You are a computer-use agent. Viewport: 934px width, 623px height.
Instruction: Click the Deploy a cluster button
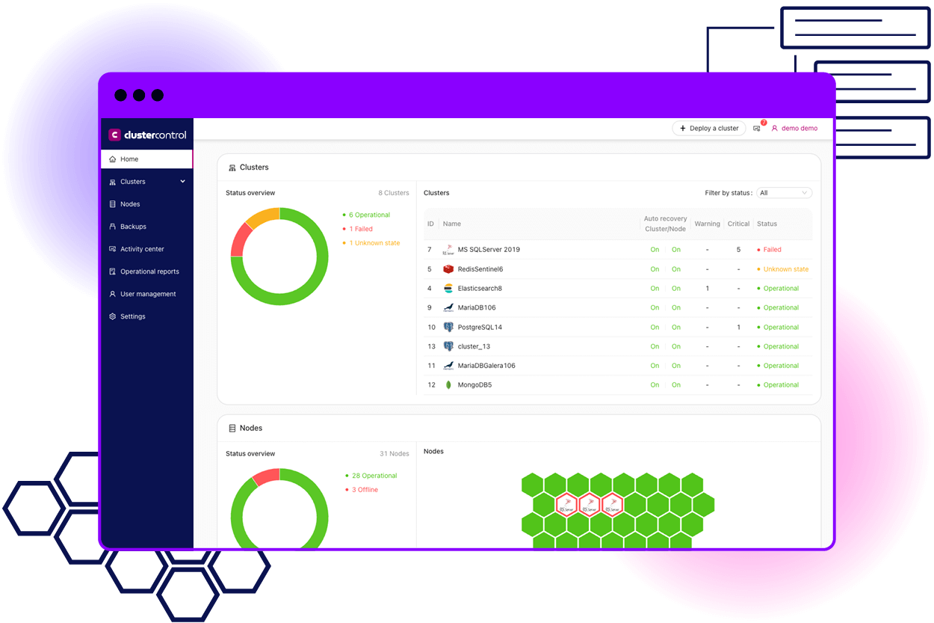(x=709, y=128)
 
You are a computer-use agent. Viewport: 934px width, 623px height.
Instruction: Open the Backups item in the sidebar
(x=133, y=227)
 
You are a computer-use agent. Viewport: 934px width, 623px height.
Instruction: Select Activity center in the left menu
(x=142, y=249)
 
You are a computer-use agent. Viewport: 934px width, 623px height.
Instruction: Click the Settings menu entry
(x=132, y=316)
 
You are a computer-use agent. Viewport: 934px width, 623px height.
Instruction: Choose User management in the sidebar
(x=148, y=294)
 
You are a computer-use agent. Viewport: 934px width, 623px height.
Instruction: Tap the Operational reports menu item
(x=149, y=271)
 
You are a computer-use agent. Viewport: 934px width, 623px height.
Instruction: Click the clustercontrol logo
(x=147, y=135)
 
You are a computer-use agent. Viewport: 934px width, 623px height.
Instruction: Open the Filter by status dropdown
(x=784, y=193)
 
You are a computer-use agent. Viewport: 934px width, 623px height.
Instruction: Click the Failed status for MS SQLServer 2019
(x=772, y=250)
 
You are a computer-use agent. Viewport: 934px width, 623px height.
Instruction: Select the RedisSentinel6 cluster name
(x=480, y=269)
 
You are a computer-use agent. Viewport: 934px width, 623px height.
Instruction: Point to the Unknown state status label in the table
(x=785, y=269)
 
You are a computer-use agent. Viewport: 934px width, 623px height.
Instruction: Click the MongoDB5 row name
(x=474, y=385)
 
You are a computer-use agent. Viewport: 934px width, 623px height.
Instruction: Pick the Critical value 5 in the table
(x=738, y=250)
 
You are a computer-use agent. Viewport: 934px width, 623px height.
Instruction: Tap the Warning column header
(x=707, y=224)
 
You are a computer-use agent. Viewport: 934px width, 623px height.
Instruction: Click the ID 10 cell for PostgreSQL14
(x=431, y=328)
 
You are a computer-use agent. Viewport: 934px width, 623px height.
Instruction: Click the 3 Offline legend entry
(x=365, y=490)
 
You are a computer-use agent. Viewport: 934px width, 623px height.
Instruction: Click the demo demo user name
(x=799, y=128)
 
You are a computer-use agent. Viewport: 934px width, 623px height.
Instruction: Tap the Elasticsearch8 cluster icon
(x=448, y=289)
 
